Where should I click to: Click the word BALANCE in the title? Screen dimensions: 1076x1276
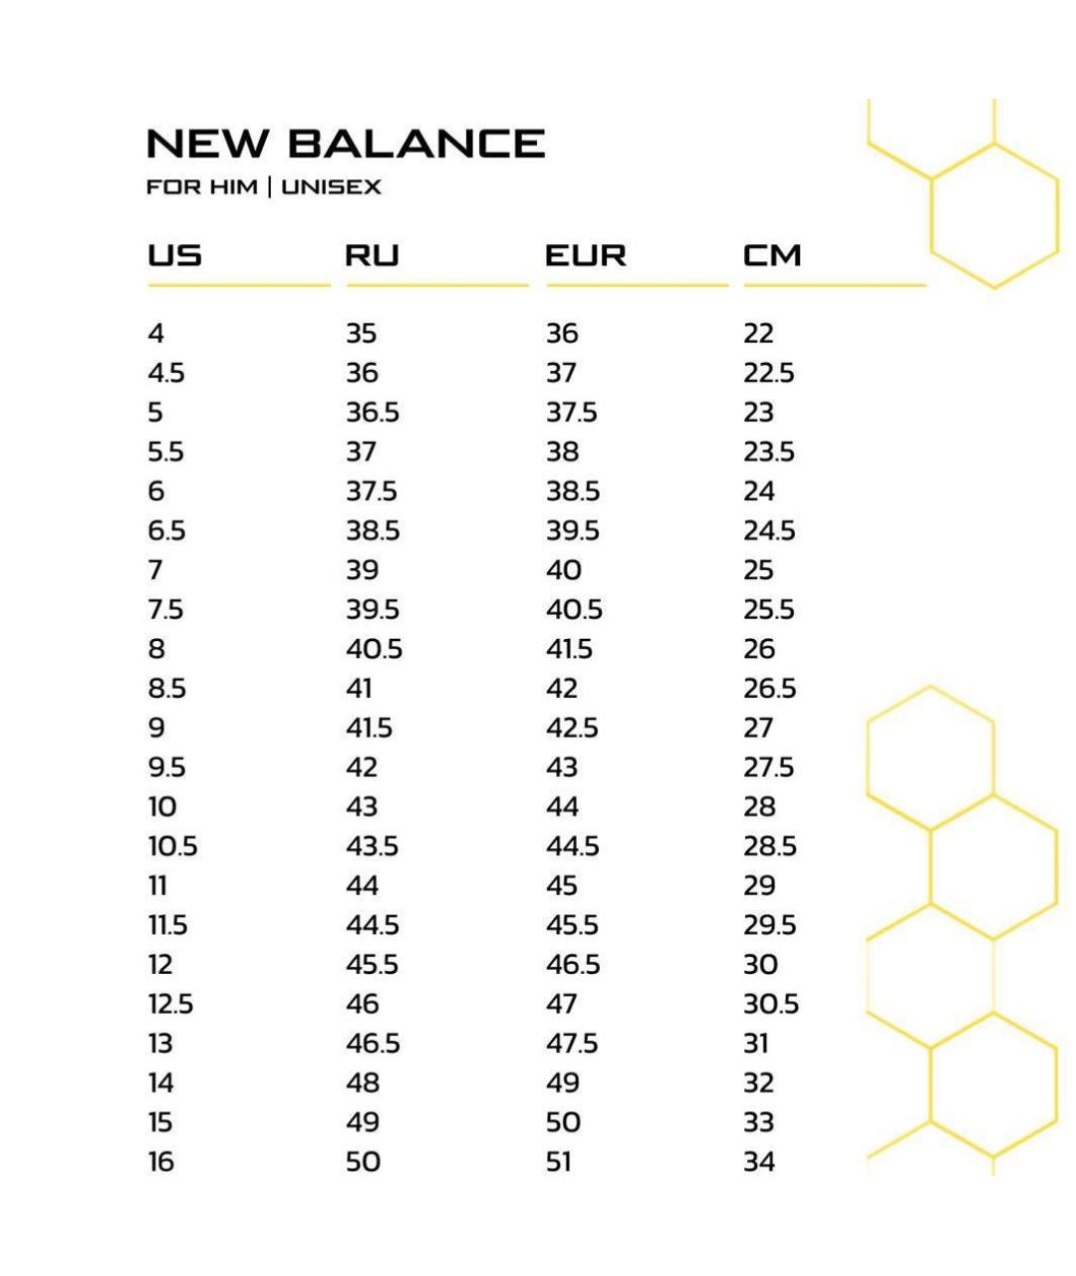click(x=416, y=144)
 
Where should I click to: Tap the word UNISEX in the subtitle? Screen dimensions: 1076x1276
click(x=332, y=187)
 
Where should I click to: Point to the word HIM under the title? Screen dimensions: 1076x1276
click(x=232, y=187)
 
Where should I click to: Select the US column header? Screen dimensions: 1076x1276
click(x=174, y=256)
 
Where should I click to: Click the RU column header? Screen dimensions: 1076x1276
click(x=372, y=256)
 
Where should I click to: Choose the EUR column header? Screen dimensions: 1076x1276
click(x=586, y=256)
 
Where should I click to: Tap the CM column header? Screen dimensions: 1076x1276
click(x=772, y=256)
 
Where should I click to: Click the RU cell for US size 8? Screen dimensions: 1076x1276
click(x=374, y=649)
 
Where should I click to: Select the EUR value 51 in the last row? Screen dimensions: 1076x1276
click(x=559, y=1162)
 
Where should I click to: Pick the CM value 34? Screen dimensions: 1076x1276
click(x=759, y=1162)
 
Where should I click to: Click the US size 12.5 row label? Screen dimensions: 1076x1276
click(x=170, y=1004)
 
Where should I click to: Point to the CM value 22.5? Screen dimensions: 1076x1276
click(x=768, y=373)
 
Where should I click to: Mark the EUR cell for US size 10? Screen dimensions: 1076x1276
click(x=563, y=806)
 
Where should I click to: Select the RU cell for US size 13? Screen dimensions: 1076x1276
click(x=373, y=1044)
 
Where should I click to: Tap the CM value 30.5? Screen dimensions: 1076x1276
click(x=771, y=1004)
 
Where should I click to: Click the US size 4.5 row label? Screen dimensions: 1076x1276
click(x=166, y=373)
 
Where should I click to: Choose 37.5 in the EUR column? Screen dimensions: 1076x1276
click(x=571, y=413)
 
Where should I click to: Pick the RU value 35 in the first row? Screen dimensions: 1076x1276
click(x=362, y=333)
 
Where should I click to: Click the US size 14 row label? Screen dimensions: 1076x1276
click(x=160, y=1083)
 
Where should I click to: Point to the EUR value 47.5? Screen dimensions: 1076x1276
click(x=572, y=1044)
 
